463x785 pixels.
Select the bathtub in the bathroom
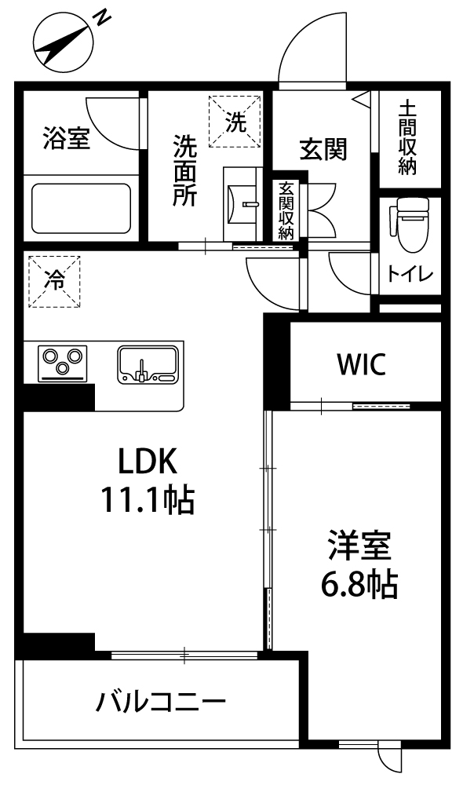click(81, 208)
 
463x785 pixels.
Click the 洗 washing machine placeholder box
click(235, 122)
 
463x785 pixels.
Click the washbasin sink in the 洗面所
click(242, 204)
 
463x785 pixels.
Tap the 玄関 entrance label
click(323, 149)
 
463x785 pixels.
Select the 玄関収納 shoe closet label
click(286, 210)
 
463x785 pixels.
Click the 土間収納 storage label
click(407, 139)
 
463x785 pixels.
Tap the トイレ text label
click(410, 274)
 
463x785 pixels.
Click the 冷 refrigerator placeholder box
click(54, 281)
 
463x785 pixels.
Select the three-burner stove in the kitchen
click(62, 363)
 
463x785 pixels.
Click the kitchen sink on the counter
click(148, 364)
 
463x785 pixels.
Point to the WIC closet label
click(362, 364)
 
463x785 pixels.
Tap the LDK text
click(148, 461)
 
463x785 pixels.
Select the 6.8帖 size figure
click(359, 585)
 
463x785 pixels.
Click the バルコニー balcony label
click(161, 703)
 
